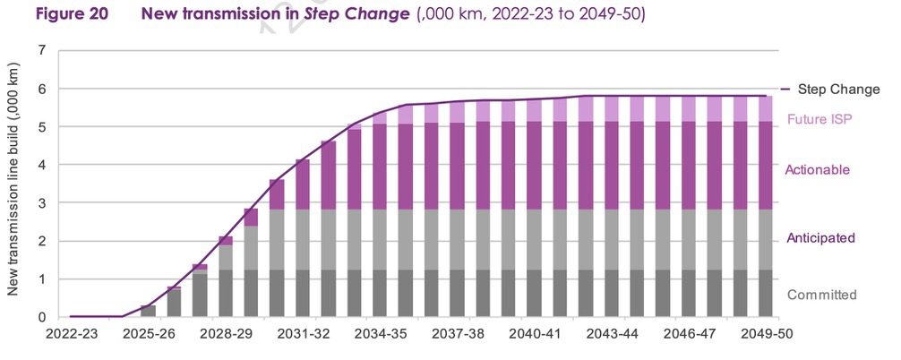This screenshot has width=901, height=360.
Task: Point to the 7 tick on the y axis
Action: pos(41,51)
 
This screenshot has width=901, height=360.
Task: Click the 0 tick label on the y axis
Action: pos(41,317)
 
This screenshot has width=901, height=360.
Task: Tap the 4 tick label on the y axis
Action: pos(41,165)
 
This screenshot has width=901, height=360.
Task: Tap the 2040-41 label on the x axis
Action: pos(534,334)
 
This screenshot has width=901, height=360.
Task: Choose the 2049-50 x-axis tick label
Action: pos(766,334)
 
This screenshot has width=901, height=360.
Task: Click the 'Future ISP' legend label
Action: pos(819,119)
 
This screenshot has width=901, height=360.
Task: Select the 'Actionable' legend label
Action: pos(817,169)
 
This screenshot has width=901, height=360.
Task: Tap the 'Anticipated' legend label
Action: pos(820,238)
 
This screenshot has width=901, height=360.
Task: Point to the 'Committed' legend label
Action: pos(821,295)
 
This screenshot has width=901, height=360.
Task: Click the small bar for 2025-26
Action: pos(148,311)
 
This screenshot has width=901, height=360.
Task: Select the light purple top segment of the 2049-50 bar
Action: pos(766,108)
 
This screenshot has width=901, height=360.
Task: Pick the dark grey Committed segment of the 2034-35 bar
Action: pos(380,293)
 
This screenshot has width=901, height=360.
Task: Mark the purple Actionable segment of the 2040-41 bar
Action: pos(534,166)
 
